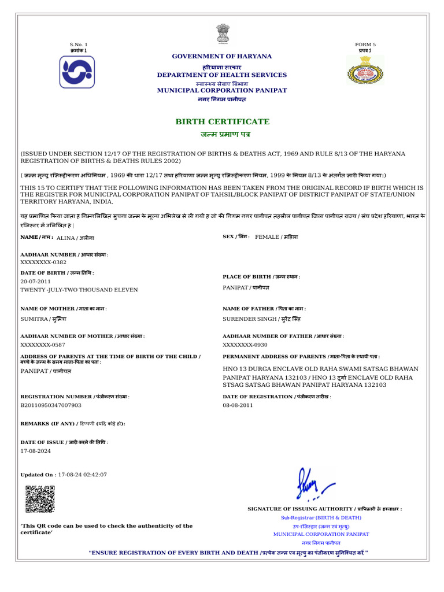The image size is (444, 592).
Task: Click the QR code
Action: point(40,499)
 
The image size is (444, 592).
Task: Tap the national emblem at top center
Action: point(223,34)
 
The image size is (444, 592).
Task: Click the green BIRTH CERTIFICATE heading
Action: point(223,121)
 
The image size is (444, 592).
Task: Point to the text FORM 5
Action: point(365,45)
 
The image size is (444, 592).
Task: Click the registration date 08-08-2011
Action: point(239,406)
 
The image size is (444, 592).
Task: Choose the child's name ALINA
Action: point(66,238)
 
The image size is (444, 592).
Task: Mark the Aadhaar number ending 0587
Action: point(41,345)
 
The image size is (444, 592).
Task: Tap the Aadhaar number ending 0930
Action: point(245,345)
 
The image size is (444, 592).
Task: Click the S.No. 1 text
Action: point(78,45)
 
